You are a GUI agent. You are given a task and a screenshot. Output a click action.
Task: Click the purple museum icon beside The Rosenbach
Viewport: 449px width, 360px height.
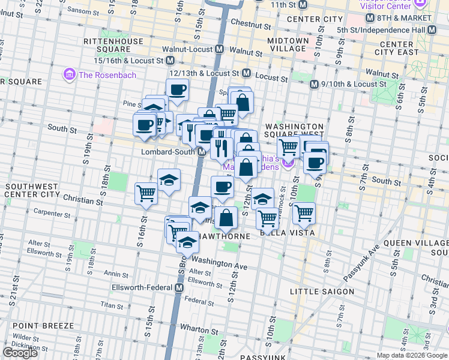click(70, 75)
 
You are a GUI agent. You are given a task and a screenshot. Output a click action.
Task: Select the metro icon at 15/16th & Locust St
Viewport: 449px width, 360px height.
click(171, 61)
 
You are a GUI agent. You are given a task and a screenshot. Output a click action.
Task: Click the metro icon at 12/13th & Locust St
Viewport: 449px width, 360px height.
click(246, 73)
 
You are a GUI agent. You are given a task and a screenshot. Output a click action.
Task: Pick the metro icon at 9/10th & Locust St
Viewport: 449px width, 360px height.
click(313, 85)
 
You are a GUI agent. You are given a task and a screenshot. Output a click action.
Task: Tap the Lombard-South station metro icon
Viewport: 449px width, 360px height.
click(203, 152)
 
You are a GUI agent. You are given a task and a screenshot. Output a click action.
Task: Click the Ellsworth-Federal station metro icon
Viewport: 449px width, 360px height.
click(179, 288)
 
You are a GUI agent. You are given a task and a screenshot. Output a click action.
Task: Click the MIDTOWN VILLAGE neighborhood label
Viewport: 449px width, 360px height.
click(288, 45)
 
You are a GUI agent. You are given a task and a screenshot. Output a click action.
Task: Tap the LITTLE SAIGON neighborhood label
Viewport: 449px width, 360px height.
click(322, 292)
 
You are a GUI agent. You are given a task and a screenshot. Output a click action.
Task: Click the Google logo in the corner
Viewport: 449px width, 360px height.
click(20, 353)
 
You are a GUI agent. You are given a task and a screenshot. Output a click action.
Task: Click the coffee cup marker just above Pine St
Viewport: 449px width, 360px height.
click(177, 90)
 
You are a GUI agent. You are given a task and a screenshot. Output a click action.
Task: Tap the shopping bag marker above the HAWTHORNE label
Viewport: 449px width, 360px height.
click(226, 218)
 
